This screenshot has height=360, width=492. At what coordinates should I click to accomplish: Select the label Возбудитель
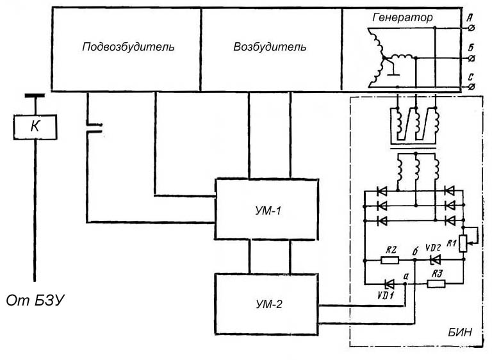270,47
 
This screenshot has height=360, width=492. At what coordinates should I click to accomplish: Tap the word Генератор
402,17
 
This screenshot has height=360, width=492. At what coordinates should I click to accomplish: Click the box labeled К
35,127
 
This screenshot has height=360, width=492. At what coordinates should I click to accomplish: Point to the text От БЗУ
38,299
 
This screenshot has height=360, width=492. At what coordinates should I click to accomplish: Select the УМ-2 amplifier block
266,304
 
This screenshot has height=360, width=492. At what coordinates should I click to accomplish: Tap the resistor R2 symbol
389,260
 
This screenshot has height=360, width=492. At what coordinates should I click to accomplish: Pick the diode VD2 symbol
436,260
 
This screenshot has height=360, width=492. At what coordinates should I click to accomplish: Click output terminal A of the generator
472,28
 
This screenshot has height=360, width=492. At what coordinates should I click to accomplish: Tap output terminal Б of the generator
472,58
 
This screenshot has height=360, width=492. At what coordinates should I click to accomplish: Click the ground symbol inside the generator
397,69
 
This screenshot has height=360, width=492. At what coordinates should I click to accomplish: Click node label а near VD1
406,275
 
